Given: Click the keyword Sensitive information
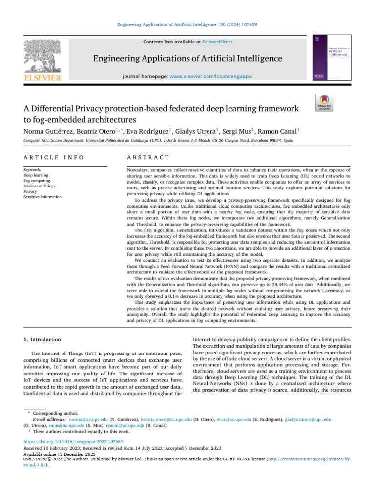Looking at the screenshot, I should [42, 197].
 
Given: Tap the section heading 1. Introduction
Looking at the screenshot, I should [42, 339].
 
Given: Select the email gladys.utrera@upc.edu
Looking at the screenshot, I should [308, 419].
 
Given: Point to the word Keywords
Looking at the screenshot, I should [33, 169].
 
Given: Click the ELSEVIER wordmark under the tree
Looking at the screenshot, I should [37, 78].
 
